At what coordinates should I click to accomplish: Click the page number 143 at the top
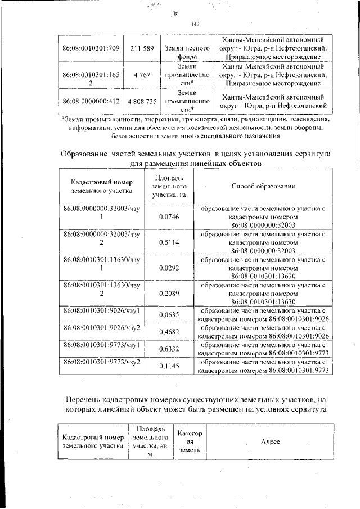(196, 24)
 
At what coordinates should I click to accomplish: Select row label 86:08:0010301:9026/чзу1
(101, 311)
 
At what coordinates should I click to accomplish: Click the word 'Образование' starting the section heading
(84, 154)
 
